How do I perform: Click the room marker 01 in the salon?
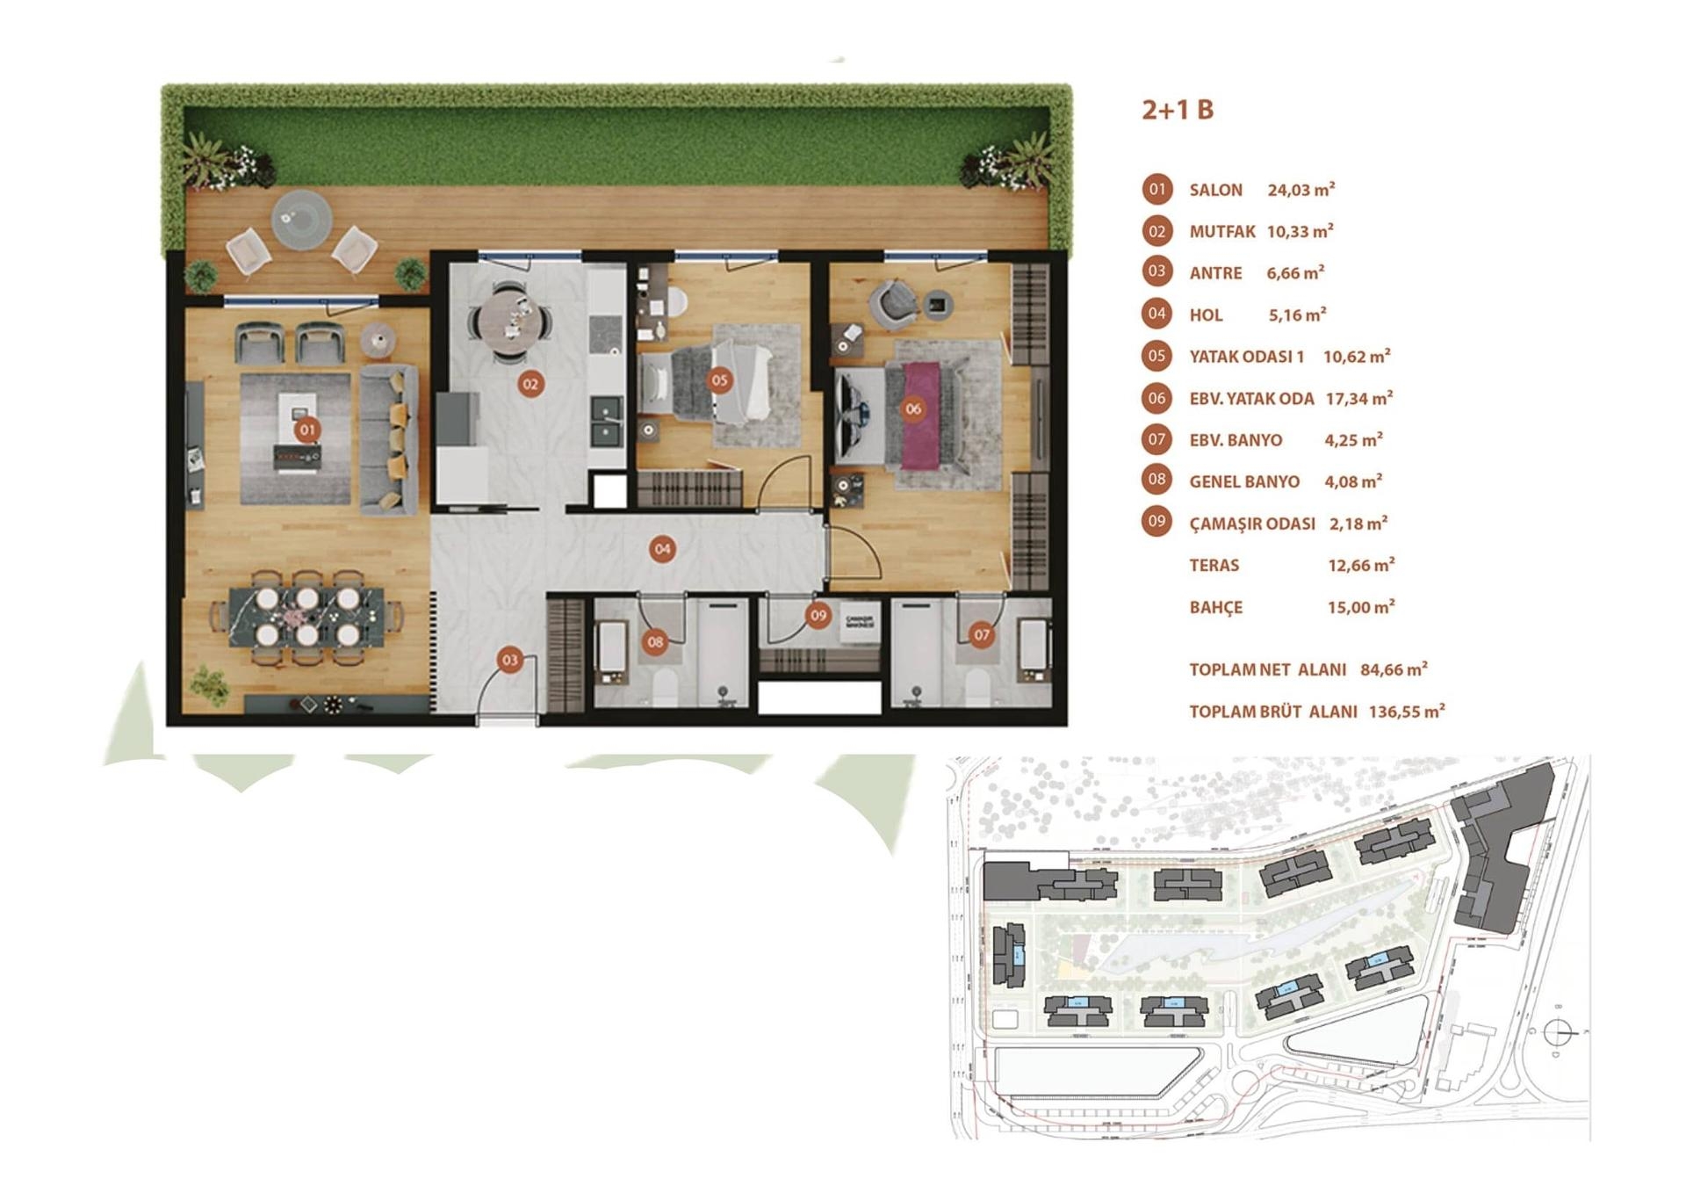pyautogui.click(x=306, y=430)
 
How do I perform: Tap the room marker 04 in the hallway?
pyautogui.click(x=662, y=549)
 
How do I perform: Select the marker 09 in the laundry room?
pyautogui.click(x=818, y=615)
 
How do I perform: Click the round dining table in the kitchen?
pyautogui.click(x=509, y=321)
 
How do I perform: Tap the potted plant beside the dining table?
pyautogui.click(x=209, y=684)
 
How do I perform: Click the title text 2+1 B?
pyautogui.click(x=1177, y=110)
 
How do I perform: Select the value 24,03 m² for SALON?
pyautogui.click(x=1301, y=190)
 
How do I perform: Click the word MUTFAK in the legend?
pyautogui.click(x=1221, y=232)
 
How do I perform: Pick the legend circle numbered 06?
pyautogui.click(x=1156, y=398)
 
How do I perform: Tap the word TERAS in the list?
pyautogui.click(x=1214, y=566)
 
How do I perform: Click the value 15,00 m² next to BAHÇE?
pyautogui.click(x=1360, y=607)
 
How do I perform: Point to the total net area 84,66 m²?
pyautogui.click(x=1393, y=669)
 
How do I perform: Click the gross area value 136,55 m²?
pyautogui.click(x=1406, y=712)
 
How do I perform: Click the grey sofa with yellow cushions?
pyautogui.click(x=388, y=439)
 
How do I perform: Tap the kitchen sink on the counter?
pyautogui.click(x=606, y=421)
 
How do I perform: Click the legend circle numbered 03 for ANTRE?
pyautogui.click(x=1156, y=271)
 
